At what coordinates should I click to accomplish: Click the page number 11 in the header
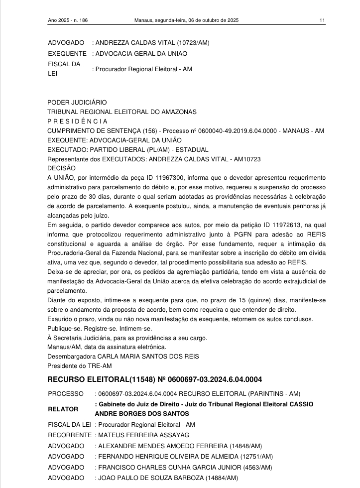pos(323,20)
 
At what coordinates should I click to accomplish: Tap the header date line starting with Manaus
pos(187,20)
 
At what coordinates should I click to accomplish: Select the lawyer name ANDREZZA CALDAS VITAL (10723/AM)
pos(152,43)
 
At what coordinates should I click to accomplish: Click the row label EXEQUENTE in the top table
pos(67,54)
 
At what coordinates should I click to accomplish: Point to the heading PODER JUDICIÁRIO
pos(77,102)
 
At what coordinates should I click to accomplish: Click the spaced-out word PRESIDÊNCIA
pos(77,121)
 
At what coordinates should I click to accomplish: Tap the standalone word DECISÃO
pos(61,168)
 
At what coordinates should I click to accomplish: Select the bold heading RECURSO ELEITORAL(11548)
pos(102,379)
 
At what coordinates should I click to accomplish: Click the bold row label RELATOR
pos(63,409)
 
